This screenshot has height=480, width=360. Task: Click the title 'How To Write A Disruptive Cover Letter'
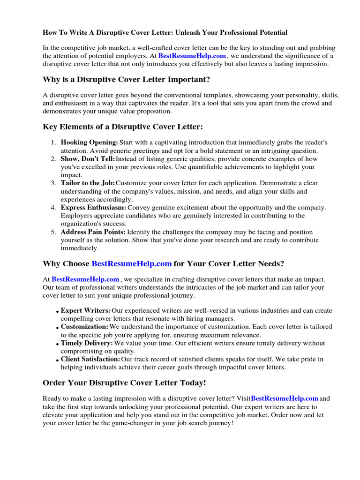[165, 33]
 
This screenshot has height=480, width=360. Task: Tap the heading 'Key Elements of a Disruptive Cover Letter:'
[123, 127]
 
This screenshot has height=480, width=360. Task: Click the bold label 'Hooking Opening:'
[89, 142]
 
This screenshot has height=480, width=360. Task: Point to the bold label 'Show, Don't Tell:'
[88, 159]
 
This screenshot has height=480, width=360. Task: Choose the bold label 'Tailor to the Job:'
[87, 183]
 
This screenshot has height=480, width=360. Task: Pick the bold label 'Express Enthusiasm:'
[93, 207]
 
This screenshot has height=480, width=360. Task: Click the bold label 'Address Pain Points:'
[93, 232]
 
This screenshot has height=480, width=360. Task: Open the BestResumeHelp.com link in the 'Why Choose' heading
[132, 263]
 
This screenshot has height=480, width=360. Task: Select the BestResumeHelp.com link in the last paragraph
[285, 398]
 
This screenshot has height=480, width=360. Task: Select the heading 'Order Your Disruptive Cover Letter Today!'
[124, 383]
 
